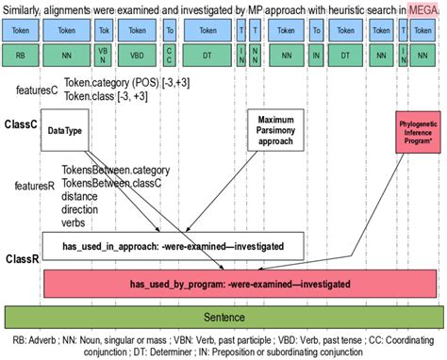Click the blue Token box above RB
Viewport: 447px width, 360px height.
19,30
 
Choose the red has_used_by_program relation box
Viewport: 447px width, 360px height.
240,283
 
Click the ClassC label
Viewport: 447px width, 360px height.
21,123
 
